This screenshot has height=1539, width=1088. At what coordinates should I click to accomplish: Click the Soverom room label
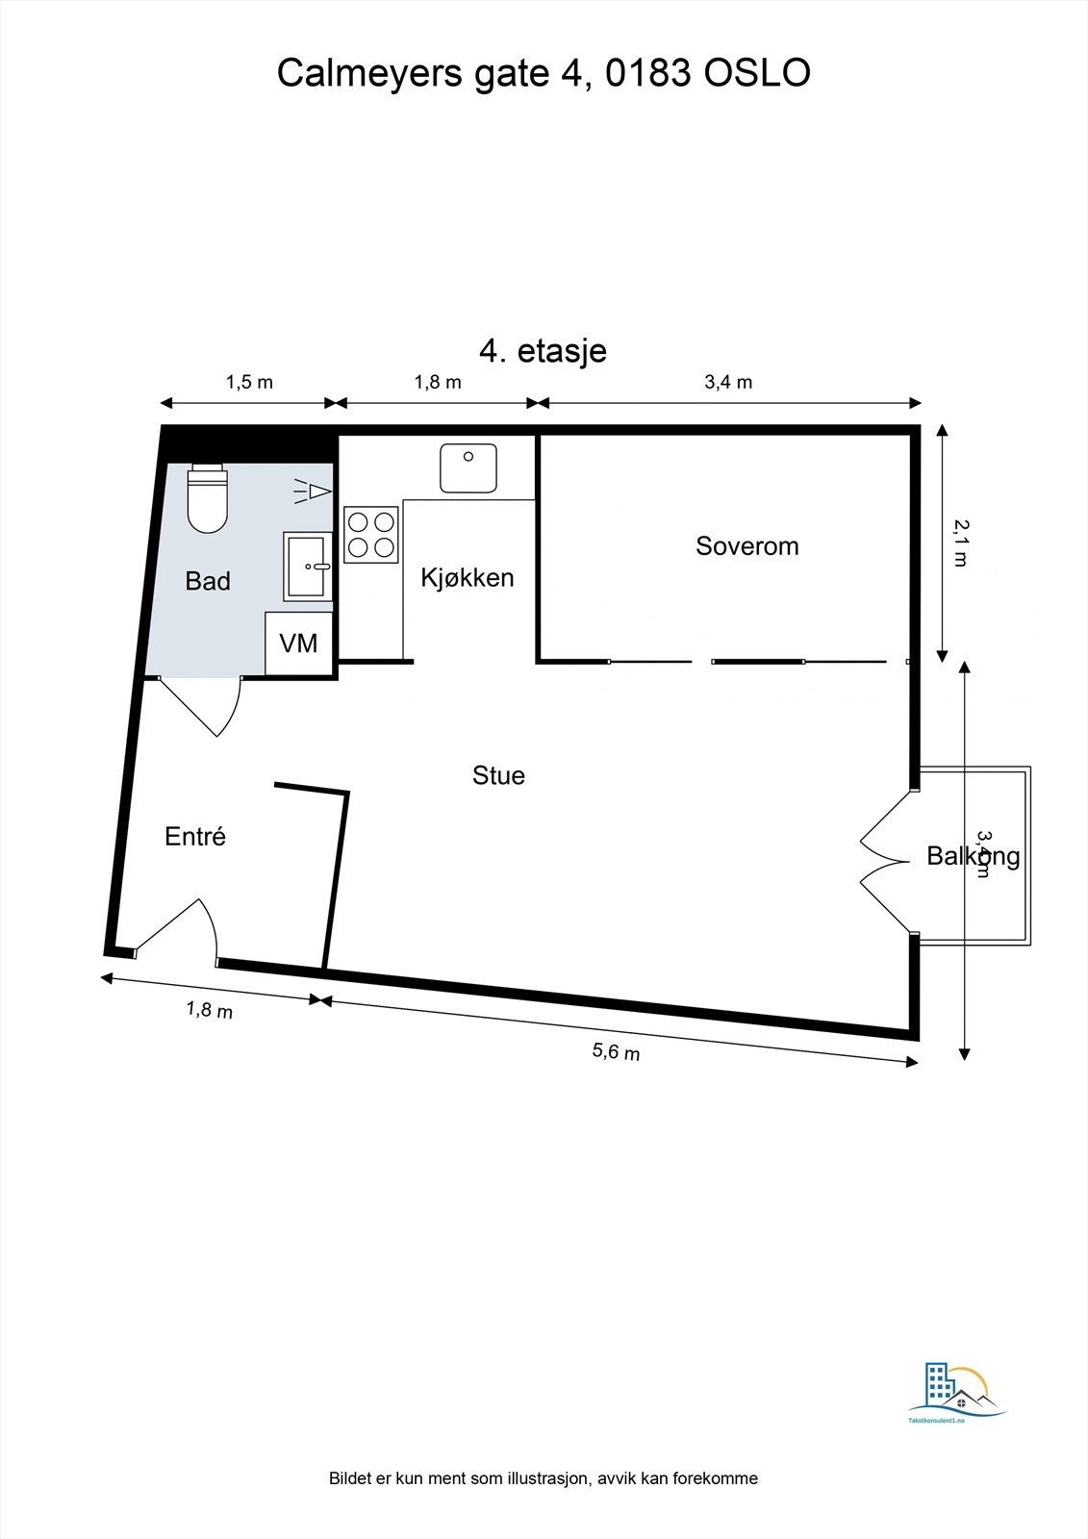746,546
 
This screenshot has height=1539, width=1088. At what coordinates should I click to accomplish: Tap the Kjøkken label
468,577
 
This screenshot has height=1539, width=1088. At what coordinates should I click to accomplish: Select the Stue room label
498,775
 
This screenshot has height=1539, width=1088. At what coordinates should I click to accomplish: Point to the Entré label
195,836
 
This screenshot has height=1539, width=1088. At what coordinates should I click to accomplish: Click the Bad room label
208,581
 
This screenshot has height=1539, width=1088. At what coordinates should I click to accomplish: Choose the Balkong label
973,855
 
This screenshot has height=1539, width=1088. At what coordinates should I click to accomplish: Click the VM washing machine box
298,643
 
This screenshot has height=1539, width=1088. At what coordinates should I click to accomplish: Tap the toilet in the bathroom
207,497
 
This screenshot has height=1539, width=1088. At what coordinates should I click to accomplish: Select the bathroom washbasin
308,567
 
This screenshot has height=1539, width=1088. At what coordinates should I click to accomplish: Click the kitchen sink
468,467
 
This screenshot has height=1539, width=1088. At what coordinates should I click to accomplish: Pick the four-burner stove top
371,534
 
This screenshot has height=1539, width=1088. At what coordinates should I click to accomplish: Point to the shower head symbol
313,492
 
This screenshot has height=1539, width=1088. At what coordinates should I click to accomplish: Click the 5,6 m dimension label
616,1051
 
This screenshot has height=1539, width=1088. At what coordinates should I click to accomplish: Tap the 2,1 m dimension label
959,542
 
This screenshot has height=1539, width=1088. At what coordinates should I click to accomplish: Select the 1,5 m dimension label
249,382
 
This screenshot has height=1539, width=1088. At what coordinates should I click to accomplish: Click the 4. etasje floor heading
543,351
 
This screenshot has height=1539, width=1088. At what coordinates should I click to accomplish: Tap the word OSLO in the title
758,73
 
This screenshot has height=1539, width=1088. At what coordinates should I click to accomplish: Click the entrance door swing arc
183,928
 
